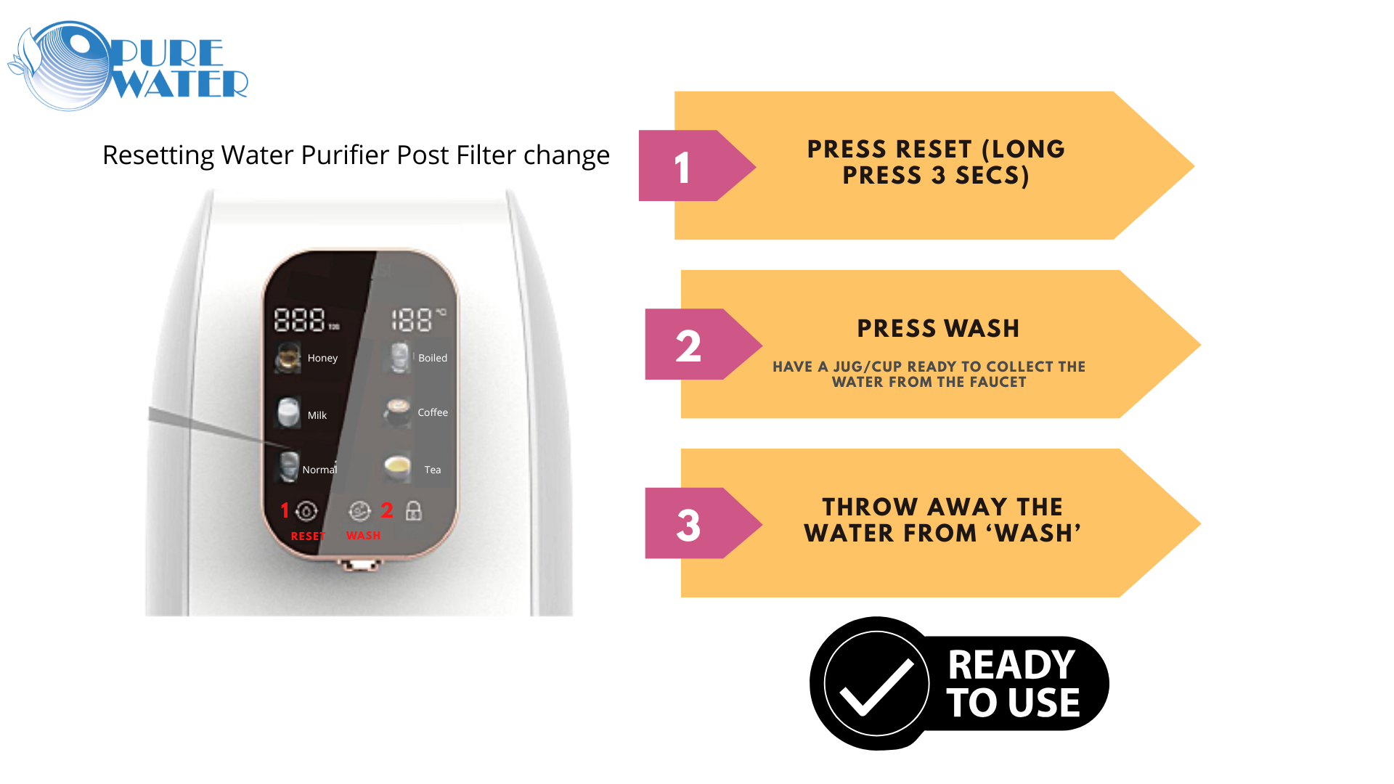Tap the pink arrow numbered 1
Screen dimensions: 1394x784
coord(697,166)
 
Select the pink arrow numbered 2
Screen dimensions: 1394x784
coord(703,344)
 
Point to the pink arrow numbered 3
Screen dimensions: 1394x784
coord(703,523)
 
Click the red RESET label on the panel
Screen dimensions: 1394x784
coord(308,536)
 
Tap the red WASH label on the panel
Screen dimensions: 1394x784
coord(363,535)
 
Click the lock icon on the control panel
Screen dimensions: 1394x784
coord(414,510)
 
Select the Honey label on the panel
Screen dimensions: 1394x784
coord(322,358)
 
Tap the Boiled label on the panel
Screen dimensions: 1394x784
coord(433,358)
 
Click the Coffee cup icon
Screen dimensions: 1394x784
coord(397,412)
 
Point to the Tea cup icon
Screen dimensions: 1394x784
coord(397,469)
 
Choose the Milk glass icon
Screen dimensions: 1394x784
coord(288,413)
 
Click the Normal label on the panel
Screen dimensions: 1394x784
coord(319,470)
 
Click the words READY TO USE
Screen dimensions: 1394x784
coord(1013,684)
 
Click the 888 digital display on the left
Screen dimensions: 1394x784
coord(299,320)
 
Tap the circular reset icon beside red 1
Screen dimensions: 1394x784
coord(306,511)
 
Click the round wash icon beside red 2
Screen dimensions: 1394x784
coord(359,511)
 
